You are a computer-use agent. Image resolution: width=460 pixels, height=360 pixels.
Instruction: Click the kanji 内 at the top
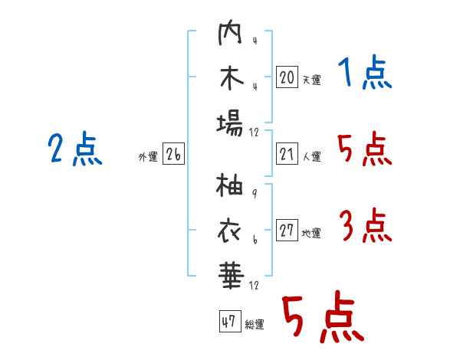[x=230, y=32]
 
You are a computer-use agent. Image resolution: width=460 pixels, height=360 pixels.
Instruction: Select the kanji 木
[x=232, y=77]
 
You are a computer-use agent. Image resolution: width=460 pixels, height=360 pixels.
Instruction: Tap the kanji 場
[x=230, y=123]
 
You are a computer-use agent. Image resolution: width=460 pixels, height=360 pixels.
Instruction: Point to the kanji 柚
[x=229, y=185]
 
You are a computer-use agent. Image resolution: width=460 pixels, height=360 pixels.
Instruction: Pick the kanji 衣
[x=229, y=231]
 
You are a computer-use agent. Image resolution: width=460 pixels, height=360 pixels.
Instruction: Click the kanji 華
[x=232, y=276]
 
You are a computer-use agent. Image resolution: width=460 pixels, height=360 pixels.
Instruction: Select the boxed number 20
[x=287, y=77]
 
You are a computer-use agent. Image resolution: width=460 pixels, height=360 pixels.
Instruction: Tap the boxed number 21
[x=287, y=154]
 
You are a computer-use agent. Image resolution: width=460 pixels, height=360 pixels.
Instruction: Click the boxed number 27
[x=287, y=230]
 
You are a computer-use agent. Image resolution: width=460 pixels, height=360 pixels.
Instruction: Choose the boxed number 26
[x=173, y=154]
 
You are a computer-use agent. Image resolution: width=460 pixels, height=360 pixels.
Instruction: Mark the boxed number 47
[x=230, y=321]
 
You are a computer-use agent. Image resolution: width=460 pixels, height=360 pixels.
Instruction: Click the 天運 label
[x=311, y=80]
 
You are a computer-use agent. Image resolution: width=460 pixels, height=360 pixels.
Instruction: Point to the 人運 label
[x=311, y=156]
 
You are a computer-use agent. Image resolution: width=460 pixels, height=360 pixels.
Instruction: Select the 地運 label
[x=311, y=233]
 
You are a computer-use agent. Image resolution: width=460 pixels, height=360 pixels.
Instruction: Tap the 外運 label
[x=148, y=156]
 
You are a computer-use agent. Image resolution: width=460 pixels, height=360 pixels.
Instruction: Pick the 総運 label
[x=255, y=324]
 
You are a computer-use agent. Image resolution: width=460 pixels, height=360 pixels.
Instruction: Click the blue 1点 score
[x=365, y=73]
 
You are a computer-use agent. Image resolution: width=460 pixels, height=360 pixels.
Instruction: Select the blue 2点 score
[x=75, y=149]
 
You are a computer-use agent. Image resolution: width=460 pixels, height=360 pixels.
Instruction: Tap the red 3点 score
[x=366, y=225]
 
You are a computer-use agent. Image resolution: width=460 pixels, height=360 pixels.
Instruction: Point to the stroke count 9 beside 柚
[x=255, y=193]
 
